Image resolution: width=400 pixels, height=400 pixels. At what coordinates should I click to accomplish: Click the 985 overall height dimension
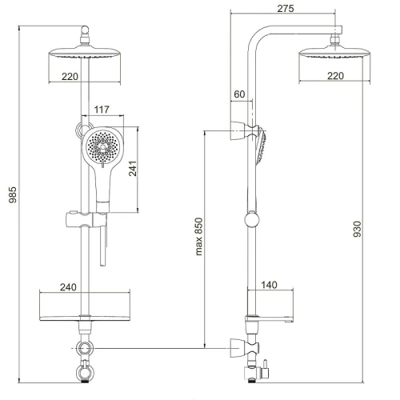click(13, 194)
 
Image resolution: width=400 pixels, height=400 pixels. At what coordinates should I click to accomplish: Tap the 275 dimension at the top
click(286, 9)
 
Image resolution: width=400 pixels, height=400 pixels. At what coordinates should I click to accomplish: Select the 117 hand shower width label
click(102, 110)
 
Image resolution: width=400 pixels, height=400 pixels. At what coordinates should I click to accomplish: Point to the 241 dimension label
click(133, 168)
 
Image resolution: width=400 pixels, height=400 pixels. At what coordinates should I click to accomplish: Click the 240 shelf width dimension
click(68, 287)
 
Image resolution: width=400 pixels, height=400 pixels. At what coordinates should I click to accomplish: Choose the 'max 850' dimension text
click(199, 237)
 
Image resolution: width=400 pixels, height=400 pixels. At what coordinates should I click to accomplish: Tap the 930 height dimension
click(357, 229)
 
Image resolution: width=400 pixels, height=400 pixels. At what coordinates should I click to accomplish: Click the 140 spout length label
click(269, 285)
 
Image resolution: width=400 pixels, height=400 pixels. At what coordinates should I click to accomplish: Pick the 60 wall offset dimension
click(239, 94)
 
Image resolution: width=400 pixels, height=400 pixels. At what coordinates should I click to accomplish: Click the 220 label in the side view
click(335, 76)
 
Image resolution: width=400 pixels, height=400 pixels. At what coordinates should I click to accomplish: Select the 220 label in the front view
click(70, 77)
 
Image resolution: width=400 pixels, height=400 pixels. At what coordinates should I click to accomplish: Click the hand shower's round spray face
click(102, 146)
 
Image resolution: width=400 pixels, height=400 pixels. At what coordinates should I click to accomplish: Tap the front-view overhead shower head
click(85, 52)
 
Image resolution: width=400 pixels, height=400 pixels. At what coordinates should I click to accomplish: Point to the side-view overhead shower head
click(334, 52)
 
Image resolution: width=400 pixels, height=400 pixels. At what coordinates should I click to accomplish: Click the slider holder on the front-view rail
click(86, 220)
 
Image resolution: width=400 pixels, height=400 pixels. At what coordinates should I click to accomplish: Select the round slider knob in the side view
click(252, 219)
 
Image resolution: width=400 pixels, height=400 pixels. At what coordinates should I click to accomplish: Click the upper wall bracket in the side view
click(244, 130)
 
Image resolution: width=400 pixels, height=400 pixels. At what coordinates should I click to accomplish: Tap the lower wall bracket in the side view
click(244, 348)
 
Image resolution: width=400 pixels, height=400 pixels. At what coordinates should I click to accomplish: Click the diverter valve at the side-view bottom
click(257, 371)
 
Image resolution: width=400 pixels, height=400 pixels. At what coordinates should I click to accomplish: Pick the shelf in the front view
click(85, 318)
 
